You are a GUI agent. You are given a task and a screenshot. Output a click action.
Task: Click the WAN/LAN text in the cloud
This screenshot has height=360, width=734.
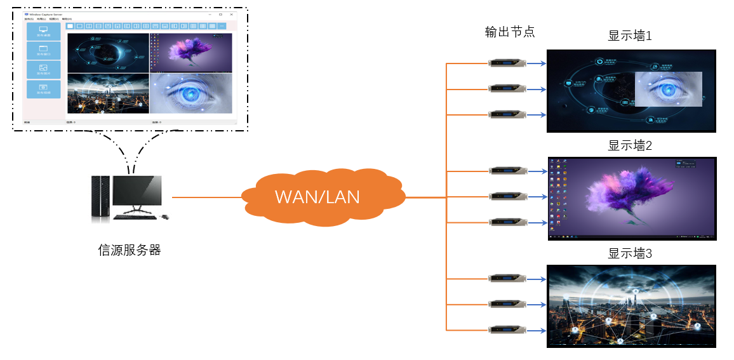tap(317, 197)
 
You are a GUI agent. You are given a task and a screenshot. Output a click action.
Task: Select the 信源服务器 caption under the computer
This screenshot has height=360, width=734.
tap(130, 250)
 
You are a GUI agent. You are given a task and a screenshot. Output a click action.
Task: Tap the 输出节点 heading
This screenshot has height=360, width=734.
tap(509, 32)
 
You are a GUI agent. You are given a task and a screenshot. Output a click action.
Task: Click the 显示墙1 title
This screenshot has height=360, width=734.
tap(630, 36)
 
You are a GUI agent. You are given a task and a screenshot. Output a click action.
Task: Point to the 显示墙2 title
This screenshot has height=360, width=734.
tap(630, 145)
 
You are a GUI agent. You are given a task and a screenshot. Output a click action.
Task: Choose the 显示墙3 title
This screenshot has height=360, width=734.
tap(630, 253)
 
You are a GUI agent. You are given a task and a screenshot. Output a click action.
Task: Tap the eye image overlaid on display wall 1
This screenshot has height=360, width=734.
tap(668, 89)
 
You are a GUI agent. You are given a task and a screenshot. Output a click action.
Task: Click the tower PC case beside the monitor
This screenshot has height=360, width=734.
tap(100, 198)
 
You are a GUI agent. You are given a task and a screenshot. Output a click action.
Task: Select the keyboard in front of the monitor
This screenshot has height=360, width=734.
tap(135, 217)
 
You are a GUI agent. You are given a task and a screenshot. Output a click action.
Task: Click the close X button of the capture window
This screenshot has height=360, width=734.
tap(232, 14)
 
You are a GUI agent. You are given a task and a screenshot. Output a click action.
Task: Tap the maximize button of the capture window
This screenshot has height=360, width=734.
tap(220, 14)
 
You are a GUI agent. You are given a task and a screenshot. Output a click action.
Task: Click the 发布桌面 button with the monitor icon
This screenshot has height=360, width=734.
tap(44, 32)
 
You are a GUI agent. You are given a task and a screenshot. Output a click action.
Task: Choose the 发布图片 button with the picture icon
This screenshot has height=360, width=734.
tap(44, 70)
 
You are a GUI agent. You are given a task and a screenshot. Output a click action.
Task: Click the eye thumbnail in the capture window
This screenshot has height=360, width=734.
tap(191, 93)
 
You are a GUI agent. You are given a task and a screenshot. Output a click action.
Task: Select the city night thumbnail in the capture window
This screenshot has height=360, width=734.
tap(108, 93)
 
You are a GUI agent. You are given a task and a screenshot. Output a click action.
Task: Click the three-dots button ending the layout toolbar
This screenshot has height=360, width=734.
tap(222, 26)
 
